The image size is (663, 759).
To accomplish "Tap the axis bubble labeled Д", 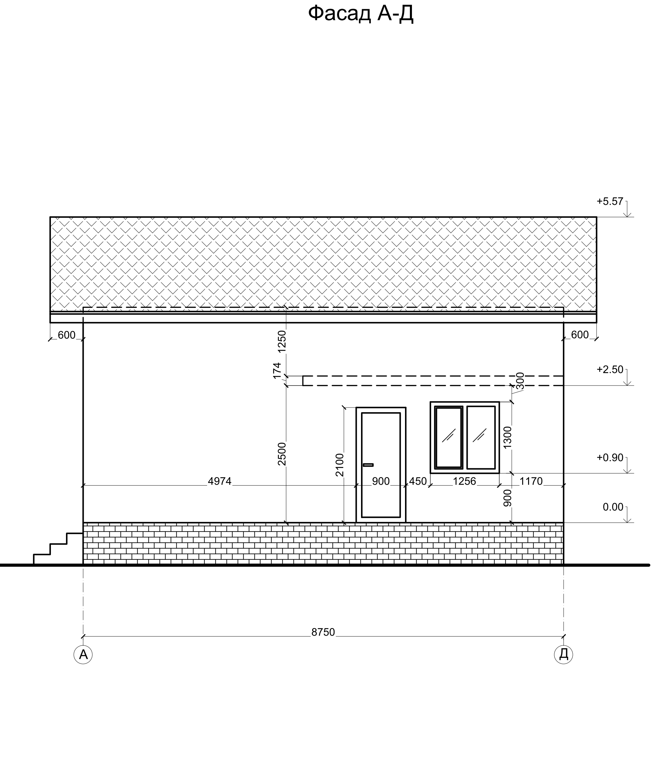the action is pyautogui.click(x=564, y=654).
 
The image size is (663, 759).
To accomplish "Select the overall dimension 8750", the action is pyautogui.click(x=323, y=632).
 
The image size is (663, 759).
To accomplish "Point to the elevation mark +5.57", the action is pyautogui.click(x=610, y=201).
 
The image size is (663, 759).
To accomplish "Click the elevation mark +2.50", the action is pyautogui.click(x=610, y=369).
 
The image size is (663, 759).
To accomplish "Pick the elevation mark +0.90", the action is pyautogui.click(x=610, y=457).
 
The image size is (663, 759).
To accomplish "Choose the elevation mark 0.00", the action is pyautogui.click(x=613, y=507).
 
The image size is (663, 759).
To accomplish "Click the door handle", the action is pyautogui.click(x=368, y=465).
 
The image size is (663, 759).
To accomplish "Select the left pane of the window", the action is pyautogui.click(x=449, y=437).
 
